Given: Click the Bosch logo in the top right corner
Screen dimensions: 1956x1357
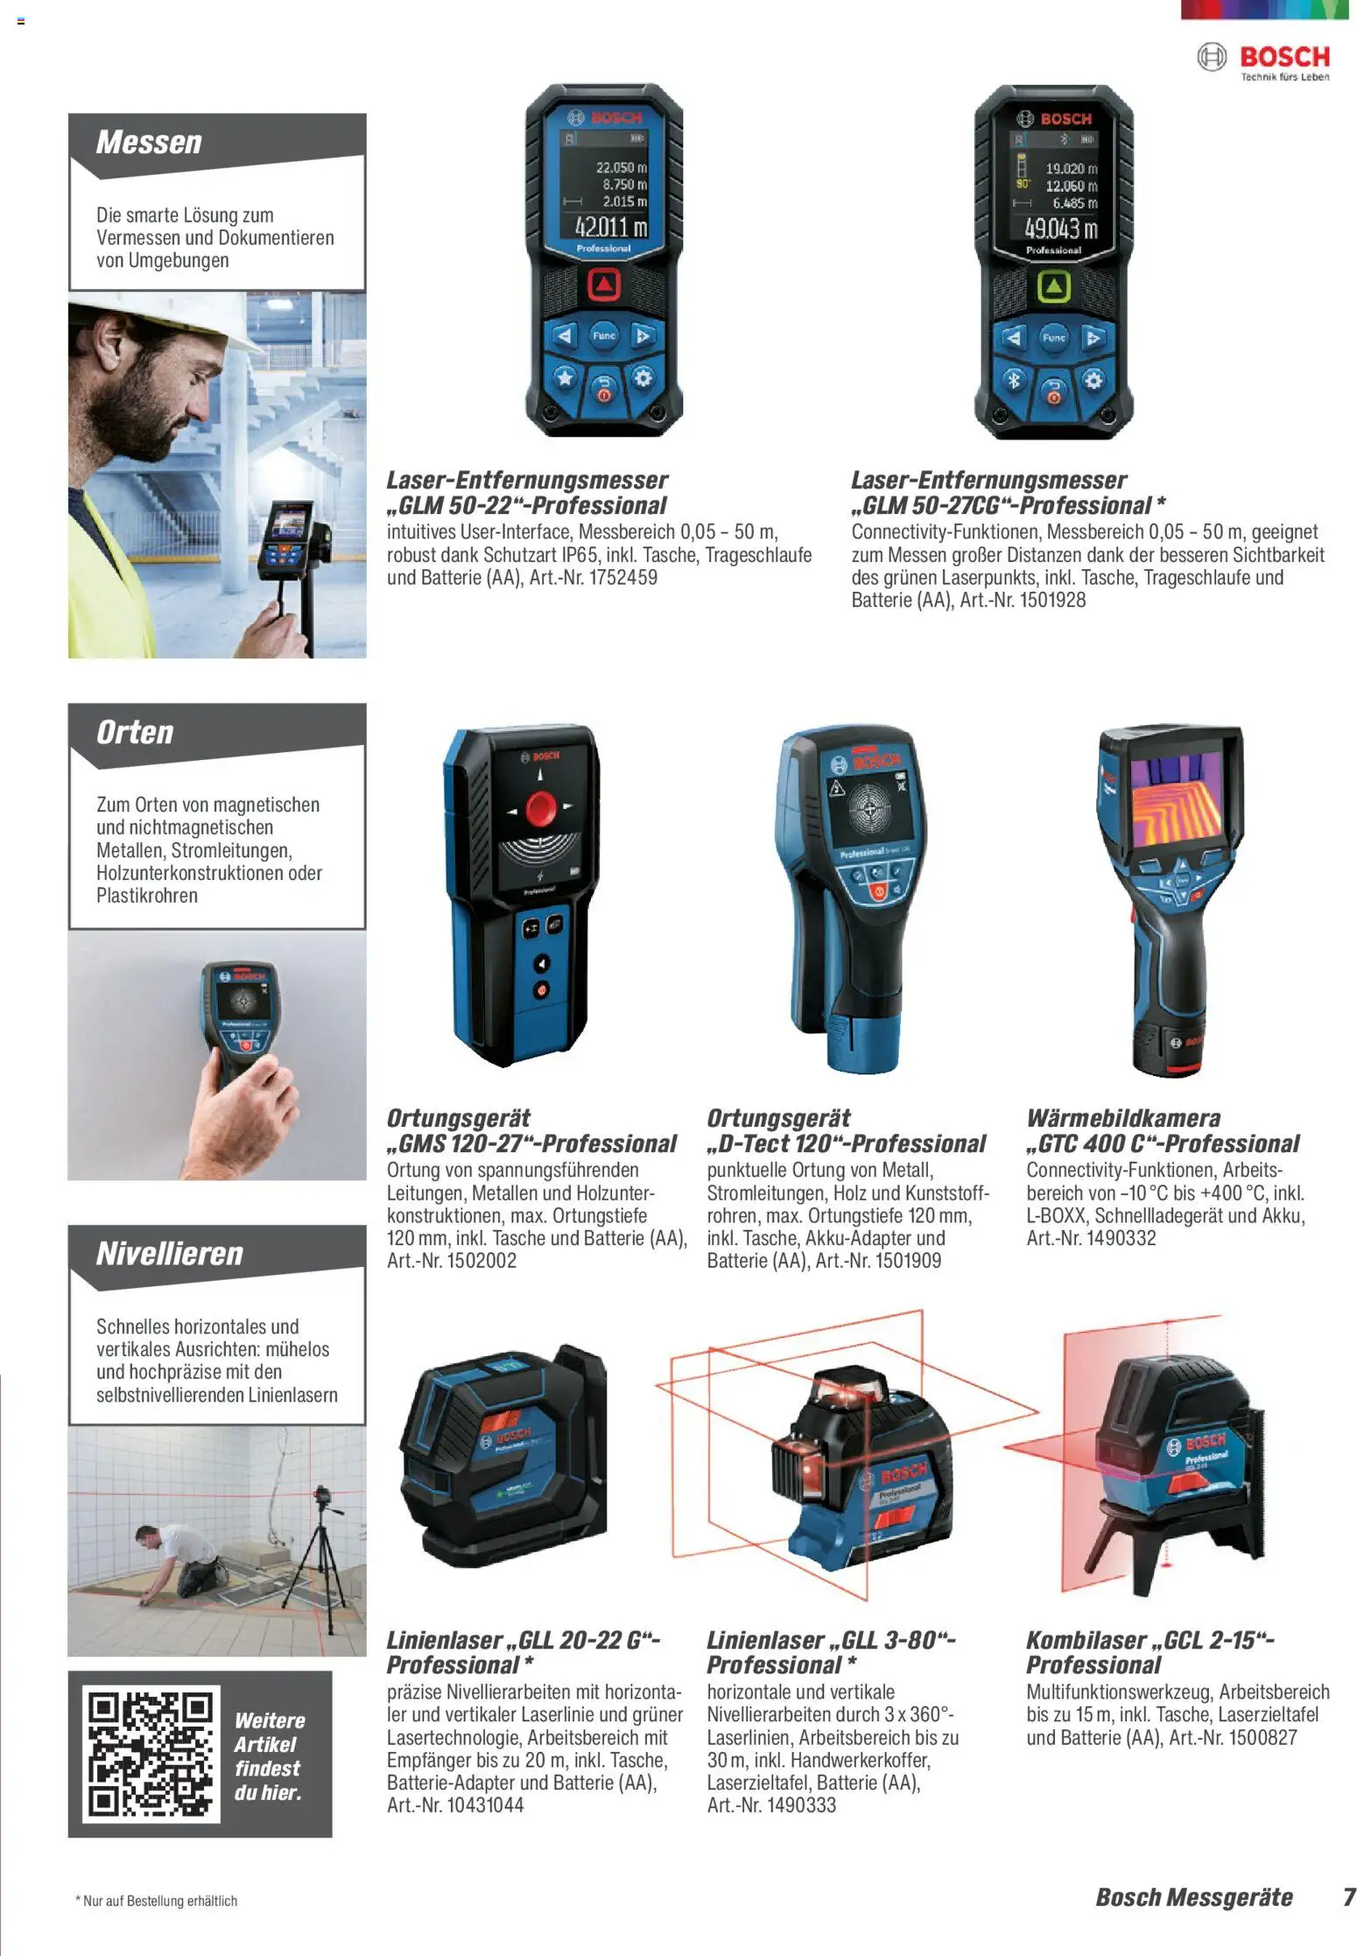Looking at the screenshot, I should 1262,60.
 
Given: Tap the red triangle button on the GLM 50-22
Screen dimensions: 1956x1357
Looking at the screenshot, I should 603,284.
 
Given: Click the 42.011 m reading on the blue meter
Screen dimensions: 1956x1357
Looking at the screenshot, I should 610,228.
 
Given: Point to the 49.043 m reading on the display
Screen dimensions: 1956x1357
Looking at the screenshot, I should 1060,229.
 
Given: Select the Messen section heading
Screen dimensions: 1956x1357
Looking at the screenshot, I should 149,142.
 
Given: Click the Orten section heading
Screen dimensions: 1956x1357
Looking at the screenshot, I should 135,732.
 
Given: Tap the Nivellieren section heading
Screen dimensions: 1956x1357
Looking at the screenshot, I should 169,1253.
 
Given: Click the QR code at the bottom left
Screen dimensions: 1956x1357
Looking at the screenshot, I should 150,1754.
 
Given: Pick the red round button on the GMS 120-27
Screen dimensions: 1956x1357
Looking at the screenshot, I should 540,807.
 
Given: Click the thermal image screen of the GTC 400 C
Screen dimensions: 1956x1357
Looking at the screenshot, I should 1175,803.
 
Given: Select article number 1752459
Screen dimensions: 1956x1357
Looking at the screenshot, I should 622,578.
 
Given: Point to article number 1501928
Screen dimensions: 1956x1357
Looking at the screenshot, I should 1052,601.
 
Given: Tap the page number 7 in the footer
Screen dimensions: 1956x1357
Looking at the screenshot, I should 1348,1896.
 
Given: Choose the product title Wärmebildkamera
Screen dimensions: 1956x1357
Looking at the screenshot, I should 1122,1118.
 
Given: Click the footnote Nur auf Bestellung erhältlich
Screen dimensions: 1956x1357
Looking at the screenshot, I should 158,1901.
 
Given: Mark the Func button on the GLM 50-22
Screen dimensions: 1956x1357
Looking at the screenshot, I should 604,335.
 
